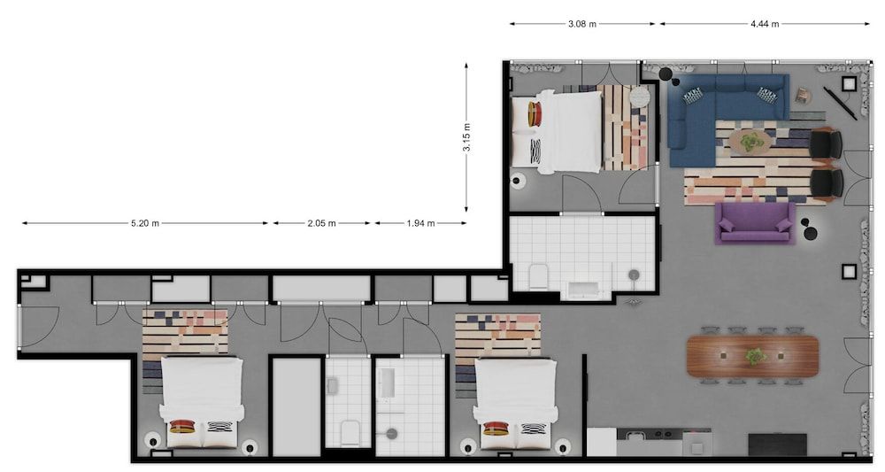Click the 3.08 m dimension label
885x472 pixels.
pyautogui.click(x=582, y=24)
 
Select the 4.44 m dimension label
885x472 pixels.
pyautogui.click(x=765, y=24)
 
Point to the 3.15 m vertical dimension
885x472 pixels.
pyautogui.click(x=466, y=137)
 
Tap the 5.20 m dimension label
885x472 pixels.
pyautogui.click(x=145, y=223)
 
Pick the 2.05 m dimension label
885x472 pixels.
pyautogui.click(x=322, y=223)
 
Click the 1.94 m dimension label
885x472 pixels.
pyautogui.click(x=420, y=223)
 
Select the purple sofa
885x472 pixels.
pyautogui.click(x=755, y=223)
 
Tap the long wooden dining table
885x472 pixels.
pyautogui.click(x=752, y=356)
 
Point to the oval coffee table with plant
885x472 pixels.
pyautogui.click(x=750, y=142)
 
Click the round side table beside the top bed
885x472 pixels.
pyautogui.click(x=640, y=97)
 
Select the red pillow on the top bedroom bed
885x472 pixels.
pyautogui.click(x=535, y=114)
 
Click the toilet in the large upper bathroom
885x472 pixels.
pyautogui.click(x=539, y=276)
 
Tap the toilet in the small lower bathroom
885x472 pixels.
pyautogui.click(x=350, y=434)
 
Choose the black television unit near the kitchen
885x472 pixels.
pyautogui.click(x=777, y=445)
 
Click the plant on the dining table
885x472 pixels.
pyautogui.click(x=755, y=356)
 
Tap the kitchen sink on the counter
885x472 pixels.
pyautogui.click(x=635, y=435)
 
